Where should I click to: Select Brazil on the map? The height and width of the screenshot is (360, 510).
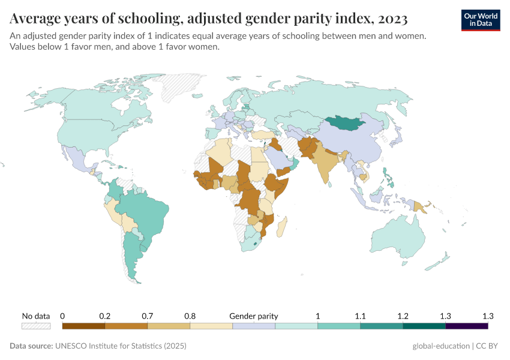[144, 213]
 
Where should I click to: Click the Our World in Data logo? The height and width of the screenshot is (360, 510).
[481, 20]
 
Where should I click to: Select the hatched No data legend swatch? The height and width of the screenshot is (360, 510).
[36, 326]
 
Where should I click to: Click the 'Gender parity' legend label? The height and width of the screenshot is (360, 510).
[254, 316]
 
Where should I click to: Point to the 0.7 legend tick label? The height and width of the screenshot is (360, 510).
[148, 316]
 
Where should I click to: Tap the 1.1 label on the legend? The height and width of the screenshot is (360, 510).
[360, 316]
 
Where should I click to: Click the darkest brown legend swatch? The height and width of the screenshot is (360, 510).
[83, 326]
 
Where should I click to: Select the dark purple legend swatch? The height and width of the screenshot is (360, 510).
[466, 326]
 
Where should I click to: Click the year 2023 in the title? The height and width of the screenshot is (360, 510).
[392, 19]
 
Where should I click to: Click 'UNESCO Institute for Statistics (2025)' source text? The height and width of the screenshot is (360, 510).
[121, 346]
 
